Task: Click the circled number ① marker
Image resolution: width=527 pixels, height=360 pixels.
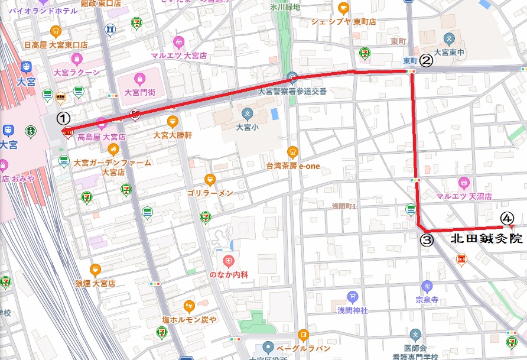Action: tap(66, 118)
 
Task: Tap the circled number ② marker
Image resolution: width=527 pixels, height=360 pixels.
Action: tap(427, 59)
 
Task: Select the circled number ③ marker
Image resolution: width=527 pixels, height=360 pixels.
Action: tap(427, 241)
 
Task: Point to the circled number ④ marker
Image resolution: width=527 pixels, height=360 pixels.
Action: tap(506, 218)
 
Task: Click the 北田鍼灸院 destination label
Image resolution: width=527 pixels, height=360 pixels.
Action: tap(486, 239)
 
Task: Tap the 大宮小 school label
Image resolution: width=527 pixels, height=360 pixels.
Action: tap(247, 127)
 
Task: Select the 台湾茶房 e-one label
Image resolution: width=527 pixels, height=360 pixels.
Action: tap(292, 166)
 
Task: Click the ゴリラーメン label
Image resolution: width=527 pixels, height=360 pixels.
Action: tap(210, 193)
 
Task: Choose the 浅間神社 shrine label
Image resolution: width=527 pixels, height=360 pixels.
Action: tap(353, 310)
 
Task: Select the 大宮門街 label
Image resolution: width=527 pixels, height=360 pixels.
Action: tap(139, 92)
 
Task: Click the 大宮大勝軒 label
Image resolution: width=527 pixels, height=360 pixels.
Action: tap(173, 135)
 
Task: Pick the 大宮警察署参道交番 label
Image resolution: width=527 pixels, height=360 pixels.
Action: tap(292, 92)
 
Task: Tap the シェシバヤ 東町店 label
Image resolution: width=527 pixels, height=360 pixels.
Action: tap(344, 22)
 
